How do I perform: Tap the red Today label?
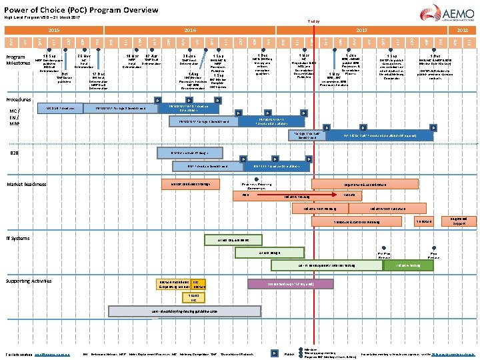pos(313,21)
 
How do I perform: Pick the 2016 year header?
pos(190,31)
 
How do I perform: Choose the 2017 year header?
pos(362,31)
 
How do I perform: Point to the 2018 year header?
pos(462,31)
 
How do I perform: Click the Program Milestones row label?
pos(16,60)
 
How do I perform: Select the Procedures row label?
pos(19,99)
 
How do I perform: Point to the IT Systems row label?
pos(18,237)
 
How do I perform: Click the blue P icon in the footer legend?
pos(275,352)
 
